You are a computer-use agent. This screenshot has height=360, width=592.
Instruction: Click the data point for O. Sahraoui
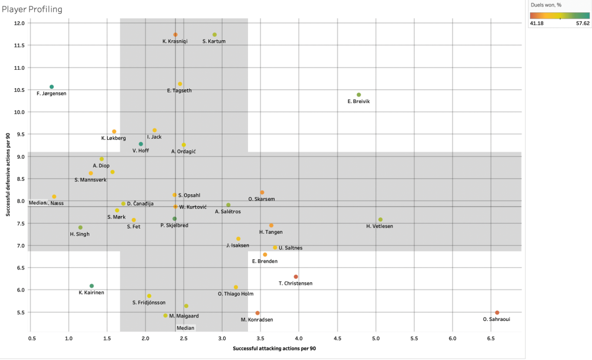pos(497,313)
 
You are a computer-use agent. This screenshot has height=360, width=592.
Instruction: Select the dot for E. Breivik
pos(359,95)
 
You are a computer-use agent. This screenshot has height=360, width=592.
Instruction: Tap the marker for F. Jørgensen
pos(52,87)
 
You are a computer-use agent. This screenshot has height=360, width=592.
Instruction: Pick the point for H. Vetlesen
pos(380,220)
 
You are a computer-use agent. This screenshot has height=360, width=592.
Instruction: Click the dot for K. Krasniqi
pos(175,35)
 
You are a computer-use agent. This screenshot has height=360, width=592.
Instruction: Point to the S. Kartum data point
pos(214,35)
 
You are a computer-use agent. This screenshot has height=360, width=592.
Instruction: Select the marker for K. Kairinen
pos(91,286)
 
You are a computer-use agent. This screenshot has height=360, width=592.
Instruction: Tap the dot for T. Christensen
pos(296,277)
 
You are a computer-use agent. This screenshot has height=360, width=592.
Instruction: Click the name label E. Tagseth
pos(179,91)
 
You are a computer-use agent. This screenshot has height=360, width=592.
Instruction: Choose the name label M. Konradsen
pos(256,320)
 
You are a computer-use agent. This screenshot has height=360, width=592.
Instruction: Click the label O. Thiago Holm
pos(236,294)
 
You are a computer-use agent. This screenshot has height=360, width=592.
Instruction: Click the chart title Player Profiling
pos(33,9)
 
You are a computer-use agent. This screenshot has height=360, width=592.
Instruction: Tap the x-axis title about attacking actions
pos(274,348)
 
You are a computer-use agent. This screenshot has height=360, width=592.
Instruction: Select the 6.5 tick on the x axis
pos(490,337)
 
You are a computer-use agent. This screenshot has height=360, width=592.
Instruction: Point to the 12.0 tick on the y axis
pos(20,23)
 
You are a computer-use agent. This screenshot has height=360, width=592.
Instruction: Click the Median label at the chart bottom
pos(185,327)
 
